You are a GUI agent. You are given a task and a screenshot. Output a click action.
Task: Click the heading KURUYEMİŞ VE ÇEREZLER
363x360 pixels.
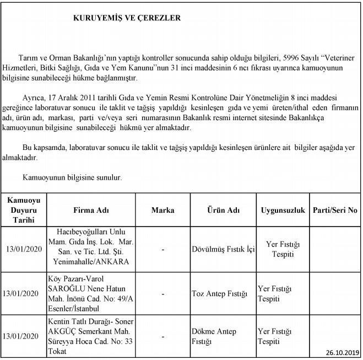127,18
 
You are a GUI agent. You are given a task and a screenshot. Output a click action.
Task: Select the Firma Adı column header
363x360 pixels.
91,211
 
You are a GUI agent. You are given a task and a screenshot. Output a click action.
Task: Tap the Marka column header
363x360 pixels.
162,211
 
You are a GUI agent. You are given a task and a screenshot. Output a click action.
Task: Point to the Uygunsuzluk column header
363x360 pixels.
283,211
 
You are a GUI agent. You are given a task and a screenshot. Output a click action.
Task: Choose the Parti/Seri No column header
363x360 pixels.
335,211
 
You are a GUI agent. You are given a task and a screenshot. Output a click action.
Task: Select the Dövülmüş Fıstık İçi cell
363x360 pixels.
223,249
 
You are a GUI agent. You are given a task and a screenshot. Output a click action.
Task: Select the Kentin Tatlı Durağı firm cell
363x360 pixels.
91,336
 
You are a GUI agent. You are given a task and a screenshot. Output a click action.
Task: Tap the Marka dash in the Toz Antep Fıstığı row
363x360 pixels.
163,294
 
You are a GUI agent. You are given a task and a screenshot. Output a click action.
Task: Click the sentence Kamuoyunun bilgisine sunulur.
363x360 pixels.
72,178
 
